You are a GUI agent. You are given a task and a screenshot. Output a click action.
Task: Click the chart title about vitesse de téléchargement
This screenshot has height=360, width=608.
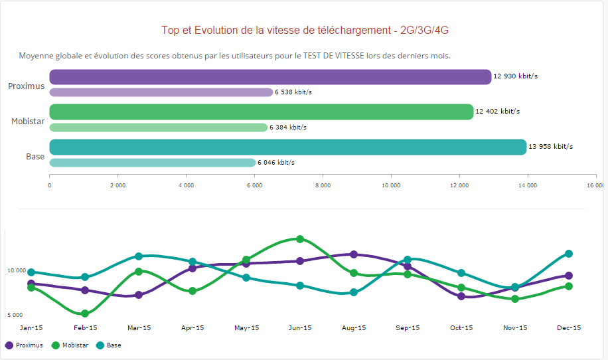310,31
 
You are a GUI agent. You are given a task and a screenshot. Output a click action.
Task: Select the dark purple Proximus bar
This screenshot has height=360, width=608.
270,77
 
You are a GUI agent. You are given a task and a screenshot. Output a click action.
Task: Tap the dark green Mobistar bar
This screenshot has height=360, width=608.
262,112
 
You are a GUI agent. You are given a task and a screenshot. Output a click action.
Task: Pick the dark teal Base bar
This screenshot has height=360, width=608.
288,147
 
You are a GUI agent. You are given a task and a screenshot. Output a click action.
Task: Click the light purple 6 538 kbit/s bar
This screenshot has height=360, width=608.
161,92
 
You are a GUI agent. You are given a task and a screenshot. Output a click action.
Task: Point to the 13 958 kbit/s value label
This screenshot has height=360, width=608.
550,147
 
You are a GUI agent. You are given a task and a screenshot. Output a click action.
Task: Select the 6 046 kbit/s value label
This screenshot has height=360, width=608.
276,163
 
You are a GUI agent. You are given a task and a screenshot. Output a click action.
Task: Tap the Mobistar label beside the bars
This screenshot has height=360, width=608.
28,122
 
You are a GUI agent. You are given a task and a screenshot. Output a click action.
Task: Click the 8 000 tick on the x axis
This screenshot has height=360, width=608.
322,185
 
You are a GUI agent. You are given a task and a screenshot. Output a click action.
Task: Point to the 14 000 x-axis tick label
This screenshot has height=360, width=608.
527,185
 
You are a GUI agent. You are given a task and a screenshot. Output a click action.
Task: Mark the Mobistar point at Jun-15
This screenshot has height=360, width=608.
300,239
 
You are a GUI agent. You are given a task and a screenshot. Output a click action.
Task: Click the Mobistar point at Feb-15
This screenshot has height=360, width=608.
85,314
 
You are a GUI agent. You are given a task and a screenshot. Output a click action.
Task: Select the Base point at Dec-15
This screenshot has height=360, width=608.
569,254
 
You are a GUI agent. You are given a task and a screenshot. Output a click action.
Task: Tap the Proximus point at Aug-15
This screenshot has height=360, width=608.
354,254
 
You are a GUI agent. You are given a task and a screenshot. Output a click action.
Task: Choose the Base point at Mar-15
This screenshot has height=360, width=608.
139,256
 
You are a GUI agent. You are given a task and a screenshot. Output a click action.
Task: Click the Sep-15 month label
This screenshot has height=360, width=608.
408,328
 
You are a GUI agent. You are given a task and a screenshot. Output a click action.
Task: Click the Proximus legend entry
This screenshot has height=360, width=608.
25,345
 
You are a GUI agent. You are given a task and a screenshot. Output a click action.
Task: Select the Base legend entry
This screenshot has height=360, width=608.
110,345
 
